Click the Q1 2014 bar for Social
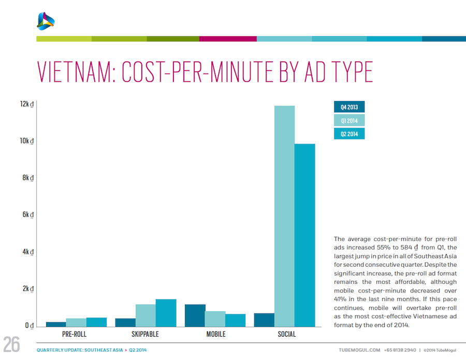pos(284,216)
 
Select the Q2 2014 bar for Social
pos(304,235)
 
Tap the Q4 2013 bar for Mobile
pos(195,315)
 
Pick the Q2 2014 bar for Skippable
pos(166,313)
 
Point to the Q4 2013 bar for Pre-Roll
pos(56,324)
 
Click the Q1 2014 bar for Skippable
pos(145,315)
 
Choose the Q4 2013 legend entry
pos(349,107)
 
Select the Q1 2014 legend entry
pos(349,121)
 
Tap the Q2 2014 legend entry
pos(349,134)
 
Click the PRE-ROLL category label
pos(74,335)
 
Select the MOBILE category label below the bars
pos(216,335)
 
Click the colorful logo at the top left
pos(46,20)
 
